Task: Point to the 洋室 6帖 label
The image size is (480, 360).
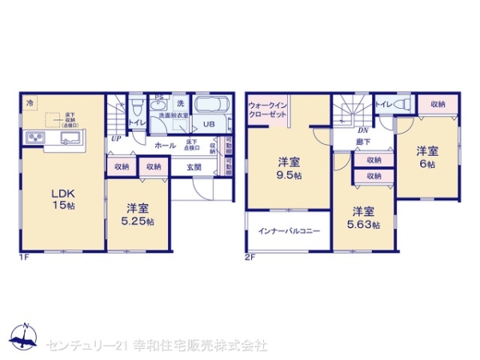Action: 426,157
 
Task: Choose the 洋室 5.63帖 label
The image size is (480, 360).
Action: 364,218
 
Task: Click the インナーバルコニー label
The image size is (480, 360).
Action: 288,231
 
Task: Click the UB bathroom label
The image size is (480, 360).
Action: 208,124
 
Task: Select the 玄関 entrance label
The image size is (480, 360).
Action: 194,167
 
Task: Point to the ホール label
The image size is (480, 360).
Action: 166,146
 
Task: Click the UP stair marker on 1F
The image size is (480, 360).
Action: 116,137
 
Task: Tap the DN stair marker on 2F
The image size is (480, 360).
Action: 362,130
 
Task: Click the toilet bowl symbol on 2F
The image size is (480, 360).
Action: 402,103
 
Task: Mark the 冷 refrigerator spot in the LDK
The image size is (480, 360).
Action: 30,102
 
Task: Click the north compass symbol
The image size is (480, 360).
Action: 25,336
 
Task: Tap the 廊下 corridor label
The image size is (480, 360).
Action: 362,144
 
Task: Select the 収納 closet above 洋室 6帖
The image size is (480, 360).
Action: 438,104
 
